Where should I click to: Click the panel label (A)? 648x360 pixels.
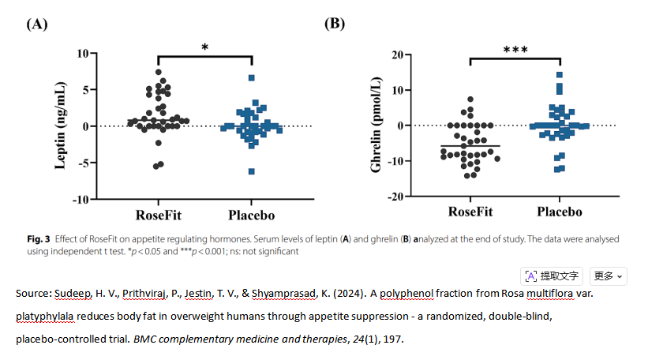pyautogui.click(x=37, y=24)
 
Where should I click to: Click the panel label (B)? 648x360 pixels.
pyautogui.click(x=335, y=24)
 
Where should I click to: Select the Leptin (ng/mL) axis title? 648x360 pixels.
pyautogui.click(x=60, y=126)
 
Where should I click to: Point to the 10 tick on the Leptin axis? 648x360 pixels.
pyautogui.click(x=81, y=54)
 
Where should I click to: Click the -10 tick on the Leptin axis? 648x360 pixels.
pyautogui.click(x=78, y=199)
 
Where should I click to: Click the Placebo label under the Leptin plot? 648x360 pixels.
pyautogui.click(x=252, y=215)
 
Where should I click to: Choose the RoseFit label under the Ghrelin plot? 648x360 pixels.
pyautogui.click(x=470, y=212)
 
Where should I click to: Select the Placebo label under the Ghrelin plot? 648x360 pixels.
pyautogui.click(x=560, y=212)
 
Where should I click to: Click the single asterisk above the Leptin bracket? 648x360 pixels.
pyautogui.click(x=205, y=48)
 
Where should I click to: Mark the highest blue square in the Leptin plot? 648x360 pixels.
pyautogui.click(x=252, y=78)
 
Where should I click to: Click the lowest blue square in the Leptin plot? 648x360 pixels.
pyautogui.click(x=252, y=171)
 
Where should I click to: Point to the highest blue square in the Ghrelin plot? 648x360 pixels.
pyautogui.click(x=560, y=76)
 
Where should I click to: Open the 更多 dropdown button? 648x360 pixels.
pyautogui.click(x=609, y=276)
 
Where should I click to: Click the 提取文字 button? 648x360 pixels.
pyautogui.click(x=552, y=276)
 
